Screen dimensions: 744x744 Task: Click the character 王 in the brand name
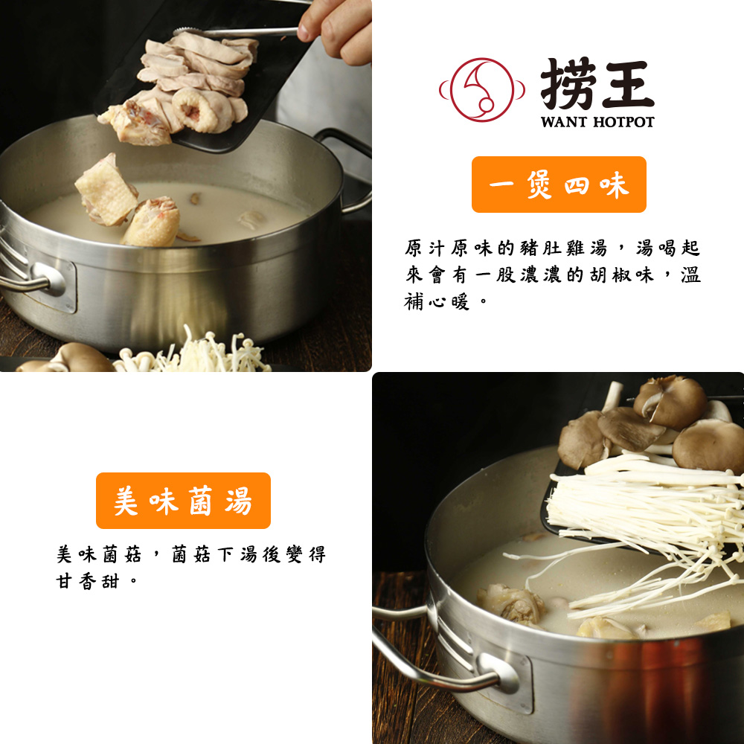click(x=626, y=84)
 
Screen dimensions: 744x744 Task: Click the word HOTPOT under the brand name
click(x=623, y=121)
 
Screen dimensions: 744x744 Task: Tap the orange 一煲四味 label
click(x=559, y=185)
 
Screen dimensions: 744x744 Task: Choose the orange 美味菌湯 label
click(x=183, y=501)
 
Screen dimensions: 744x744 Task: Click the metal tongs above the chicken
click(x=238, y=32)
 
